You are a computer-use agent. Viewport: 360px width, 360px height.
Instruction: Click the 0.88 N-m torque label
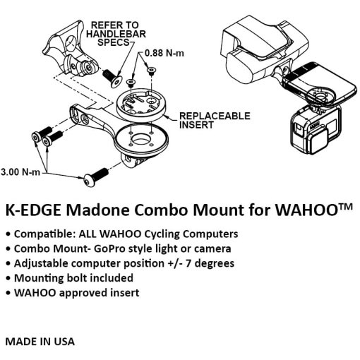(164, 53)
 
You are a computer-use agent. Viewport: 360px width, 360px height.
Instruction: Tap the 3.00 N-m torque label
(20, 172)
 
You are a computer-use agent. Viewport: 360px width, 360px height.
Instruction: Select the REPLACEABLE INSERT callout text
(215, 121)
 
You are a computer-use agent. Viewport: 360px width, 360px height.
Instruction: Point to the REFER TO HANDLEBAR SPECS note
(116, 34)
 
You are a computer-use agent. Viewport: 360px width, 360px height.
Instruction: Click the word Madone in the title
(97, 210)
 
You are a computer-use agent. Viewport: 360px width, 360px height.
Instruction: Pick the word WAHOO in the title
(306, 210)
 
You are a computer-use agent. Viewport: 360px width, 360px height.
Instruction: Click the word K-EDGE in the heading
(33, 210)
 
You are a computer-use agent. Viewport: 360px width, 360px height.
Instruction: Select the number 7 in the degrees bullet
(188, 263)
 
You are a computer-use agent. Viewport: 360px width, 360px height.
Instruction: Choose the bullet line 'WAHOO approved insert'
(73, 293)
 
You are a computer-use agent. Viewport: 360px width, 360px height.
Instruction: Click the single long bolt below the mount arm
(96, 177)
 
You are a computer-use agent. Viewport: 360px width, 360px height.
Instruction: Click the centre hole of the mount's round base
(140, 140)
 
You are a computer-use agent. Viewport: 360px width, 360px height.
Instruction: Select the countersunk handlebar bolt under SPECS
(113, 78)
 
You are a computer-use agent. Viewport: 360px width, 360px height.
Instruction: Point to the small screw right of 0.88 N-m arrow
(151, 71)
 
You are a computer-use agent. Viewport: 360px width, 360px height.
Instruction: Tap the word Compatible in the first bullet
(44, 234)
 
